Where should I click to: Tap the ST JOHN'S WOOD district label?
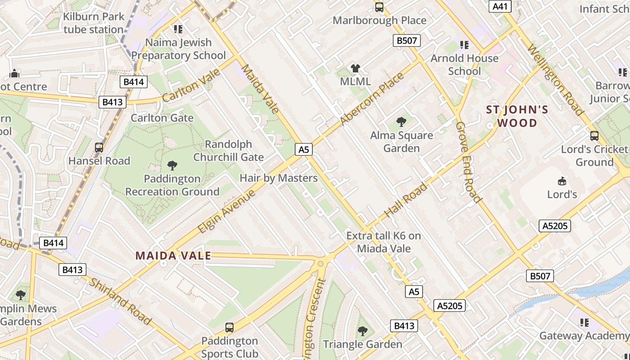click(517, 117)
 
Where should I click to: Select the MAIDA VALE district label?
click(173, 256)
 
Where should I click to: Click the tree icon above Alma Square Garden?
click(401, 121)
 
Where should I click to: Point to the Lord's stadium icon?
click(562, 181)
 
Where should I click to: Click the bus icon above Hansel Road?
click(99, 147)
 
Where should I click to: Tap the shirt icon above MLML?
click(355, 68)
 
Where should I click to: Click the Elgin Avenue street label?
click(227, 211)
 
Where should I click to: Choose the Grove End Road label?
click(468, 162)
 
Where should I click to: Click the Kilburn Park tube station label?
click(94, 23)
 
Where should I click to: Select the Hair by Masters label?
click(279, 178)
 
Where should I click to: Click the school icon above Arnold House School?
click(464, 45)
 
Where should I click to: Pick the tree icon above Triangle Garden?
click(362, 331)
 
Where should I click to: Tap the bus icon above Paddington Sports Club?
click(229, 327)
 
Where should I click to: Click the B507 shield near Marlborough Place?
click(407, 41)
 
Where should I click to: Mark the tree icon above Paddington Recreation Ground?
click(172, 166)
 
